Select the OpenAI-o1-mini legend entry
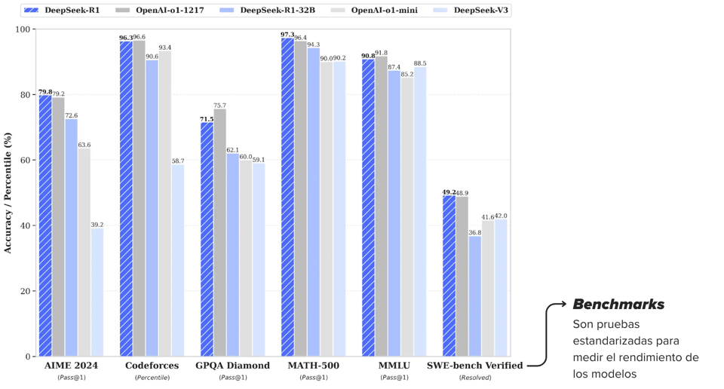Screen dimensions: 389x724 377,11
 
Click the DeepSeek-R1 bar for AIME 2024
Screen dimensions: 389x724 45,226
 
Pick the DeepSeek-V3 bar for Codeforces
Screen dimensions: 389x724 177,261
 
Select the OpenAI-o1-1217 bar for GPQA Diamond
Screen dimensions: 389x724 219,233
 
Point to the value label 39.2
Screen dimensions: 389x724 97,225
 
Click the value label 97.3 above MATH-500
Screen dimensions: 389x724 287,35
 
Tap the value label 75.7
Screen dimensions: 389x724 219,106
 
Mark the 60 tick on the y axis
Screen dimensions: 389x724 26,161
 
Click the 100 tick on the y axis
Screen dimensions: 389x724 23,29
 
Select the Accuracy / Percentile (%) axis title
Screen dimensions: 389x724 8,193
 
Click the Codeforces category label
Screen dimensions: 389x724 152,366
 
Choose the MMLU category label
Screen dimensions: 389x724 394,366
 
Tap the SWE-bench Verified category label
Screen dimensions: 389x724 474,366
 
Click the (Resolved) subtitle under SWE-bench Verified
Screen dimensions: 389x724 475,377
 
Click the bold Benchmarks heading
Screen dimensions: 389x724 618,305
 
